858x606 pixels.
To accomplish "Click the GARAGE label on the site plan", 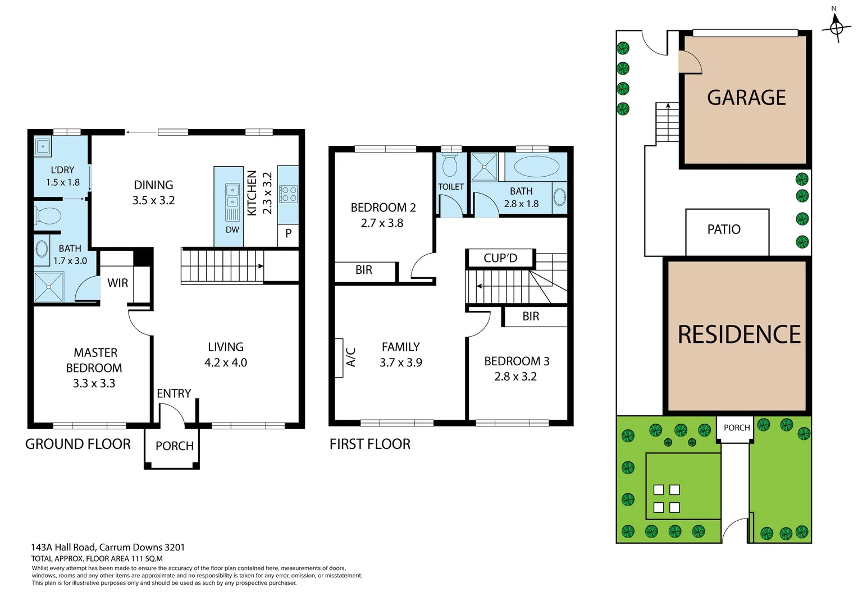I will click(746, 98).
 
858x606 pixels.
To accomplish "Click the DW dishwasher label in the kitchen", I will click(232, 229).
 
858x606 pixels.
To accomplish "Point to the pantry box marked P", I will click(288, 233).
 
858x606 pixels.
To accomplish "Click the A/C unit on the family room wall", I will click(339, 357).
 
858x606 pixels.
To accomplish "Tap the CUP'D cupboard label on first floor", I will click(500, 258).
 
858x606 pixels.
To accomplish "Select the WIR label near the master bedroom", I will click(118, 283).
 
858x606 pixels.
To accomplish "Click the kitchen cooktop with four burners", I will click(289, 194).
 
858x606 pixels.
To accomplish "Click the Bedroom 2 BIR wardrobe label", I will click(364, 270).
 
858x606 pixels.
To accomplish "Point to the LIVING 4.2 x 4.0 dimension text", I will click(226, 362).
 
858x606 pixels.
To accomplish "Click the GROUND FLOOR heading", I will click(78, 444).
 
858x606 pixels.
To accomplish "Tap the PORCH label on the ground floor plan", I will click(174, 446).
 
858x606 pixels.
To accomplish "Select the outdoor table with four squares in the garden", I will click(667, 498).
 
